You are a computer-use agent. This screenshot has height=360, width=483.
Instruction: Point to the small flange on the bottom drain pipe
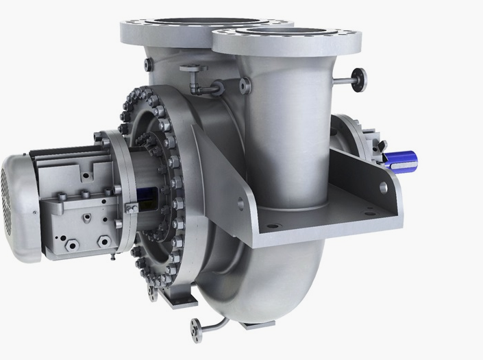(196, 327)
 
